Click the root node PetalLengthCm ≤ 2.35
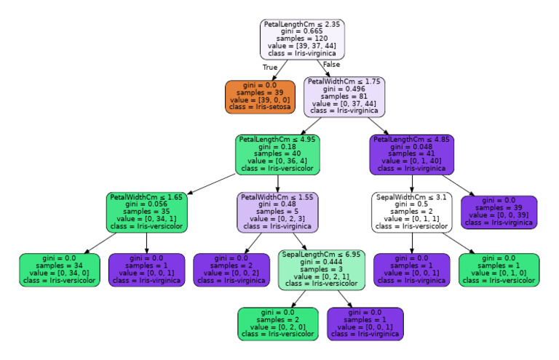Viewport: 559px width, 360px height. (x=302, y=39)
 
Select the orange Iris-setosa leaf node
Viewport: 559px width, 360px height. (x=261, y=97)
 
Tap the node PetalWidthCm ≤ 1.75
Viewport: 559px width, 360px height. (x=344, y=97)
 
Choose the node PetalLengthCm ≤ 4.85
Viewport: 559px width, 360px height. (x=412, y=154)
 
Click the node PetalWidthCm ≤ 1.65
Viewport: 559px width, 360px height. (x=147, y=212)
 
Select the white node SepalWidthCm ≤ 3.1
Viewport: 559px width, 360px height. (x=412, y=212)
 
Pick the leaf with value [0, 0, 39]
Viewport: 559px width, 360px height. (x=499, y=212)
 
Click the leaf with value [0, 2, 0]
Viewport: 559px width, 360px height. (x=277, y=324)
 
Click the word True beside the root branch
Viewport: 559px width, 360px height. (x=270, y=66)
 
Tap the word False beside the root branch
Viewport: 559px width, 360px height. (x=331, y=65)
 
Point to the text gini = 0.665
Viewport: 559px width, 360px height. (x=302, y=32)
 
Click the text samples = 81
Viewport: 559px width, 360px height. (x=344, y=96)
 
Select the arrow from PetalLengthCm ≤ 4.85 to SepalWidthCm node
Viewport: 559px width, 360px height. (x=412, y=183)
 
